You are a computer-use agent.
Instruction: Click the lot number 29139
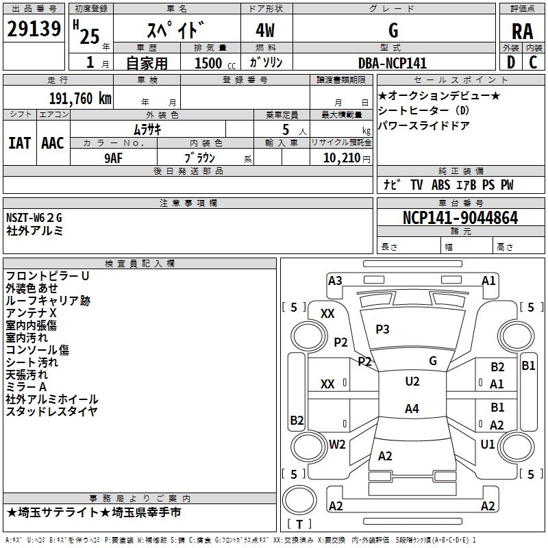point(34,29)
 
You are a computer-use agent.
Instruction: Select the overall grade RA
point(522,32)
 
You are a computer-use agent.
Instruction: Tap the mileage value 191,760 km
point(80,99)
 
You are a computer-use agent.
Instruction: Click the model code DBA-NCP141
point(393,63)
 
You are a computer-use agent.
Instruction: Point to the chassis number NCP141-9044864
point(460,218)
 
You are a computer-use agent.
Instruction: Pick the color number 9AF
point(114,158)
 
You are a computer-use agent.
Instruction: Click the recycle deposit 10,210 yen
point(347,158)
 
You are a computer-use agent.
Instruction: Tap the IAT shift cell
point(19,143)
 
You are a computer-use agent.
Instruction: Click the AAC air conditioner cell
point(53,143)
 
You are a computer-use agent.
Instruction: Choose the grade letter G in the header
point(393,30)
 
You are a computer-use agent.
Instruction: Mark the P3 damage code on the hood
point(382,329)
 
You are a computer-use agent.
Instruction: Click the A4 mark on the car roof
point(412,408)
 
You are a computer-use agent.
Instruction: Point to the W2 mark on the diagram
point(337,444)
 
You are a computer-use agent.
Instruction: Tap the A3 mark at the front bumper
point(335,281)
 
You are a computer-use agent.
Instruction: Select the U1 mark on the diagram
point(488,444)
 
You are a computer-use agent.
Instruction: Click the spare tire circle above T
point(299,499)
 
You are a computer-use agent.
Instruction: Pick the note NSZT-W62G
point(34,218)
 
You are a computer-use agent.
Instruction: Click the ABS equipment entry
point(440,185)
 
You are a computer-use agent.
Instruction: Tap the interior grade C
point(534,62)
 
